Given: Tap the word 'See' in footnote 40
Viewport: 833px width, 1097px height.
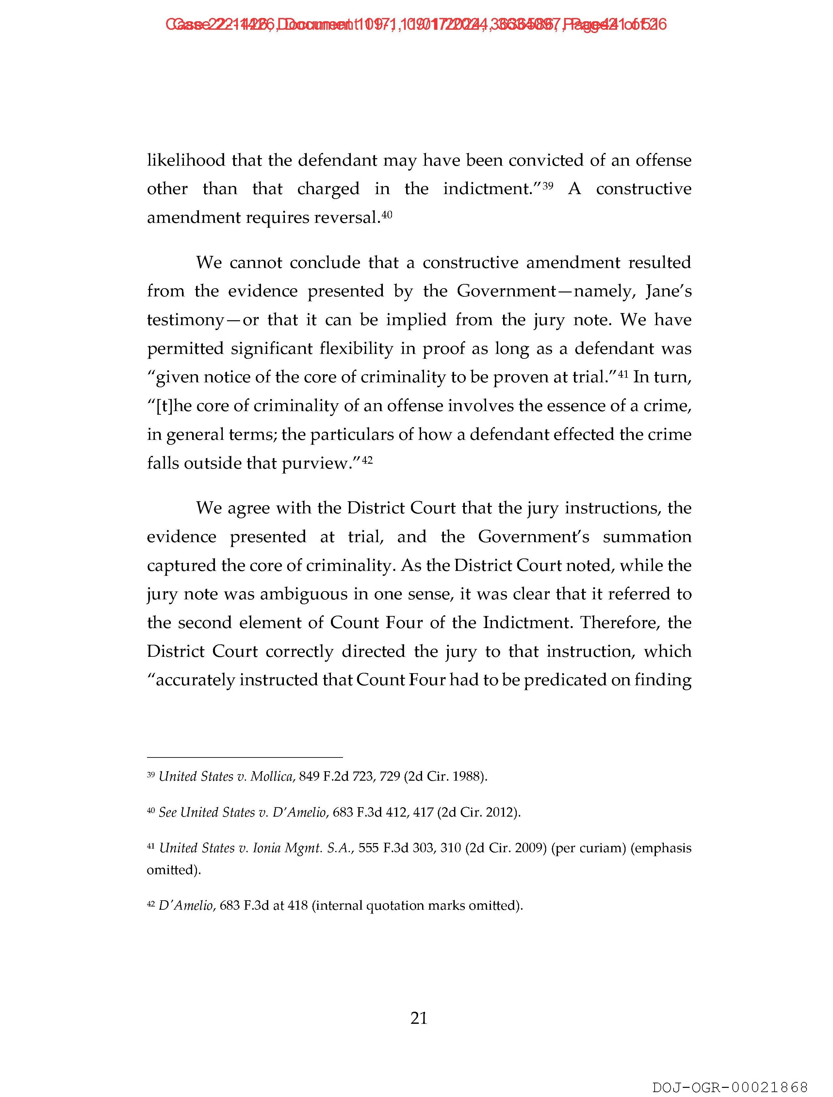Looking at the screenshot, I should click(x=168, y=812).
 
